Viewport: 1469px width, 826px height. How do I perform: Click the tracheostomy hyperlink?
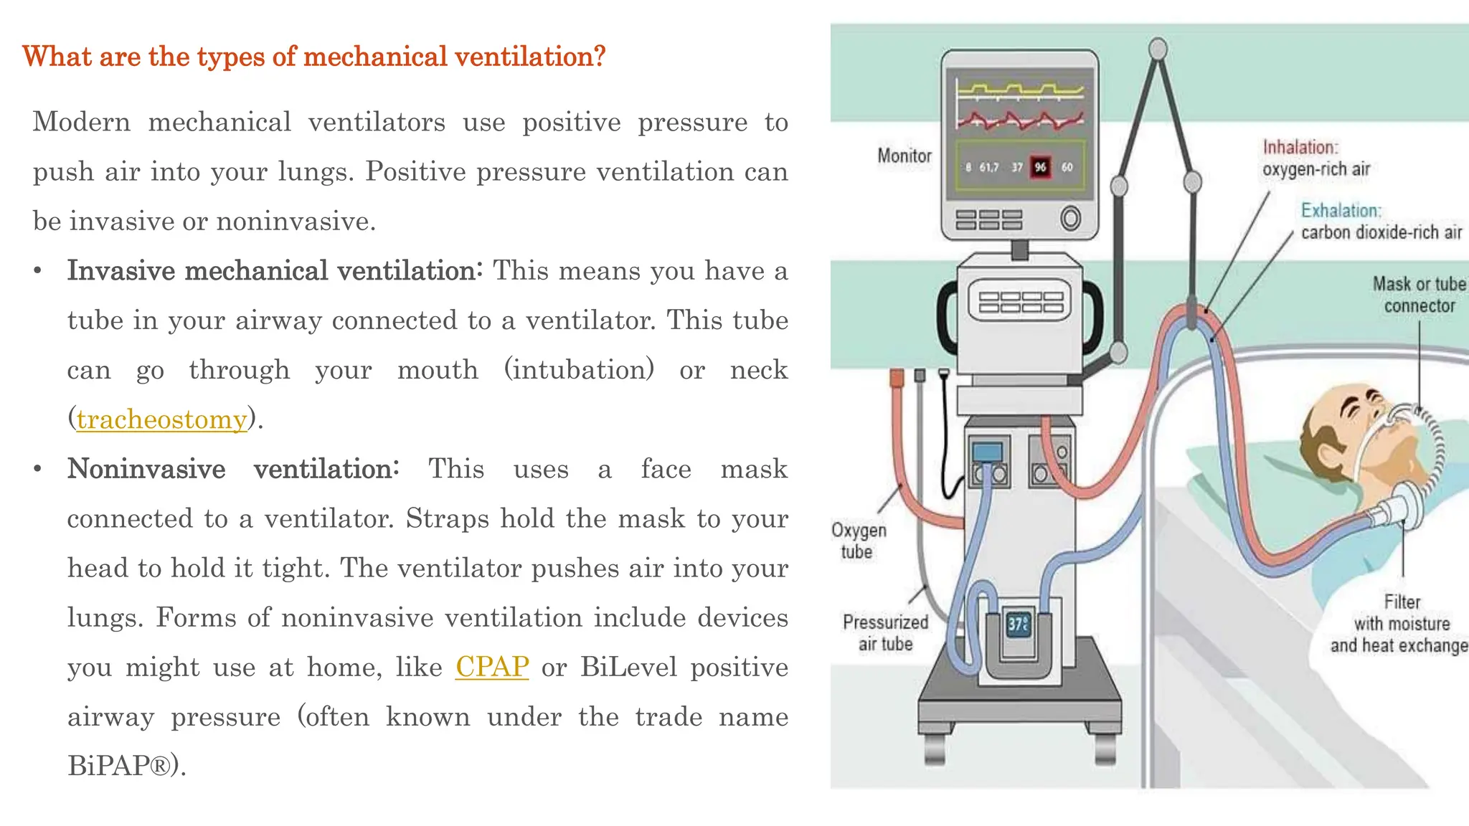pyautogui.click(x=161, y=419)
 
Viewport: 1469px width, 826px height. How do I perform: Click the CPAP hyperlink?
pyautogui.click(x=492, y=667)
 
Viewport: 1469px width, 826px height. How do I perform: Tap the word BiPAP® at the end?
pyautogui.click(x=122, y=766)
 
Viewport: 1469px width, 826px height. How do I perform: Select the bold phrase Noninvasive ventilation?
pyautogui.click(x=233, y=469)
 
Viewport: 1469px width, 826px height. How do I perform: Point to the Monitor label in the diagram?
pyautogui.click(x=904, y=156)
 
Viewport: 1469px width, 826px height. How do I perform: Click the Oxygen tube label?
pyautogui.click(x=858, y=541)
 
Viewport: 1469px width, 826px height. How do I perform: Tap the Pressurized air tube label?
pyautogui.click(x=885, y=632)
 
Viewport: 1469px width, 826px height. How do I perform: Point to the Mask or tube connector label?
pyautogui.click(x=1418, y=295)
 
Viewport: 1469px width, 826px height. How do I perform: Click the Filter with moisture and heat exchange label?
pyautogui.click(x=1401, y=624)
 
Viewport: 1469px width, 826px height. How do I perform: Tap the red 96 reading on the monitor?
pyautogui.click(x=1040, y=167)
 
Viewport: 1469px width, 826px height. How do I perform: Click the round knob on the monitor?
pyautogui.click(x=1070, y=218)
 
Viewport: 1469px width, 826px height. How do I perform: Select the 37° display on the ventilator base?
pyautogui.click(x=1019, y=624)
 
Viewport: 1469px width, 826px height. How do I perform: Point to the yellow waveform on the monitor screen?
pyautogui.click(x=1019, y=90)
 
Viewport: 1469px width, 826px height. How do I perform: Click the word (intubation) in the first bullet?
pyautogui.click(x=579, y=370)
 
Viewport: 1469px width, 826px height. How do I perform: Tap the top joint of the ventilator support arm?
pyautogui.click(x=1158, y=49)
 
